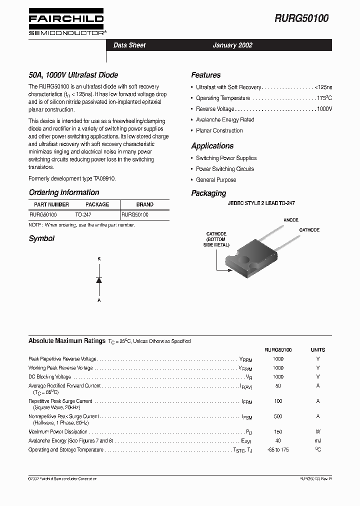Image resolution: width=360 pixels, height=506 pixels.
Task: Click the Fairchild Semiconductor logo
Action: (66, 23)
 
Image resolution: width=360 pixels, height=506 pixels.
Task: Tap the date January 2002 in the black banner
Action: (232, 45)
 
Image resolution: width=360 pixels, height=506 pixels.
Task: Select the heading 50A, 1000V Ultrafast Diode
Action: (73, 75)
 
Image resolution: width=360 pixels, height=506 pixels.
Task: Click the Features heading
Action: (205, 75)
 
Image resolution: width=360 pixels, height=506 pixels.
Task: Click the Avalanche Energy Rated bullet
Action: (225, 120)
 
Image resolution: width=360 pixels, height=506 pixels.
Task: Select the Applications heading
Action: (212, 146)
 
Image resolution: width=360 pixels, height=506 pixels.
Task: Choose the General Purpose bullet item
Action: (216, 180)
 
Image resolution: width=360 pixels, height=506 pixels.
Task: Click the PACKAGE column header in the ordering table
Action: (97, 204)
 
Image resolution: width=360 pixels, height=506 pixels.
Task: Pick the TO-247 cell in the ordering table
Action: (83, 214)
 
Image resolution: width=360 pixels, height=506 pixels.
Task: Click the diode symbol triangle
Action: (99, 280)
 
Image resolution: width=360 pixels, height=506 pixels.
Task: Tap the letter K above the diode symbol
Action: (99, 258)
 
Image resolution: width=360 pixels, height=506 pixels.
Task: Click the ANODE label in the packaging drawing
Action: (291, 220)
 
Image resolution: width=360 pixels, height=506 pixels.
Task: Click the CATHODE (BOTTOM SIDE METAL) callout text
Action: (216, 239)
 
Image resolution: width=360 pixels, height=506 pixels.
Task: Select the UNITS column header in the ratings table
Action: (317, 350)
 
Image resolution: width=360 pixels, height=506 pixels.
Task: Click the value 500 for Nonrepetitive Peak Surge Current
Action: (278, 416)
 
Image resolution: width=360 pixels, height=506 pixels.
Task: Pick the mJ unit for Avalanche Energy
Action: (317, 440)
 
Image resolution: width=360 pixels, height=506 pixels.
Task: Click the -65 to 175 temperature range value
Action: (278, 450)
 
